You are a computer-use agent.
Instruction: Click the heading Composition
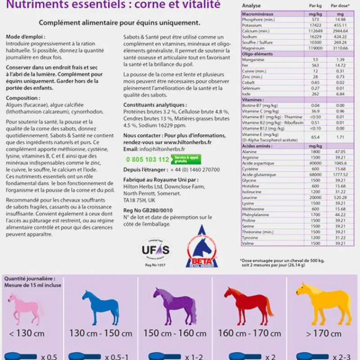click(x=22, y=98)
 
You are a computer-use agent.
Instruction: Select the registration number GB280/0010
click(x=154, y=210)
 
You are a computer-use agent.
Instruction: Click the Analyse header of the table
click(x=251, y=5)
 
